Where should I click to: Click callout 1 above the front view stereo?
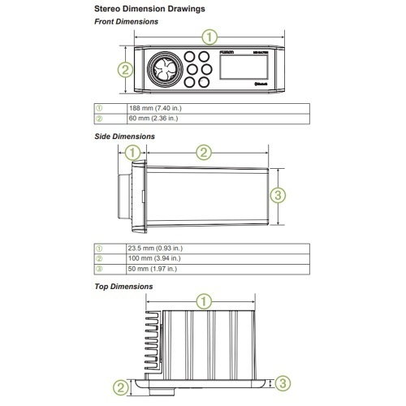[x=210, y=37]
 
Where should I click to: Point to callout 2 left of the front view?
[x=124, y=71]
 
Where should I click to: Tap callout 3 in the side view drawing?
[x=278, y=196]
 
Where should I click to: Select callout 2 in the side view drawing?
[x=205, y=152]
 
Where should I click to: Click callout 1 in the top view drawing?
[x=205, y=301]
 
